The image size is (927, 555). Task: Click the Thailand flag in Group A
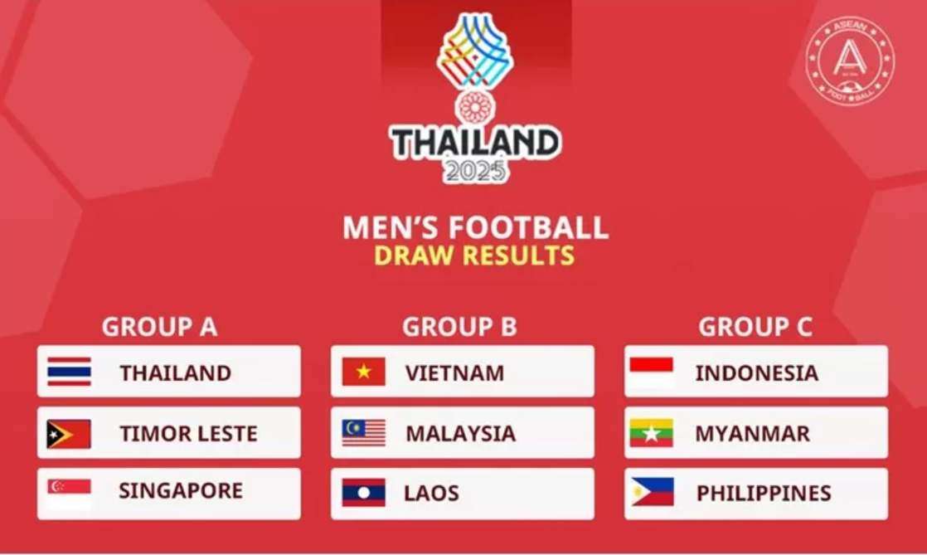pyautogui.click(x=69, y=372)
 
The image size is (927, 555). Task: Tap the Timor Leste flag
pyautogui.click(x=69, y=434)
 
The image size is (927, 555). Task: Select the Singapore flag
pyautogui.click(x=69, y=492)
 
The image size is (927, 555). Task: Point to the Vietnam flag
pyautogui.click(x=363, y=372)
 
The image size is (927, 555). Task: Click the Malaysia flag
pyautogui.click(x=363, y=433)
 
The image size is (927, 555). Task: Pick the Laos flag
pyautogui.click(x=363, y=493)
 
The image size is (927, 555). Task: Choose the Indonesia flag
pyautogui.click(x=651, y=372)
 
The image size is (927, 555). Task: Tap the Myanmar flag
pyautogui.click(x=651, y=433)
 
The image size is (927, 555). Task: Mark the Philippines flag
pyautogui.click(x=652, y=492)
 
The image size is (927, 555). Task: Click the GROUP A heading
pyautogui.click(x=159, y=327)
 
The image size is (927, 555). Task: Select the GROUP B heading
pyautogui.click(x=459, y=327)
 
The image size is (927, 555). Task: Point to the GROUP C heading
pyautogui.click(x=755, y=327)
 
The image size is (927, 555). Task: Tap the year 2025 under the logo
pyautogui.click(x=474, y=171)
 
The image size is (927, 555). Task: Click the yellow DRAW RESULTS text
pyautogui.click(x=473, y=255)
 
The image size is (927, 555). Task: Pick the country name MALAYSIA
pyautogui.click(x=460, y=434)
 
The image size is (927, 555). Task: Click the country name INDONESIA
pyautogui.click(x=756, y=372)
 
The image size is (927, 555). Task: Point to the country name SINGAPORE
pyautogui.click(x=181, y=491)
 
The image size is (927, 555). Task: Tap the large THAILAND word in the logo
pyautogui.click(x=475, y=142)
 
